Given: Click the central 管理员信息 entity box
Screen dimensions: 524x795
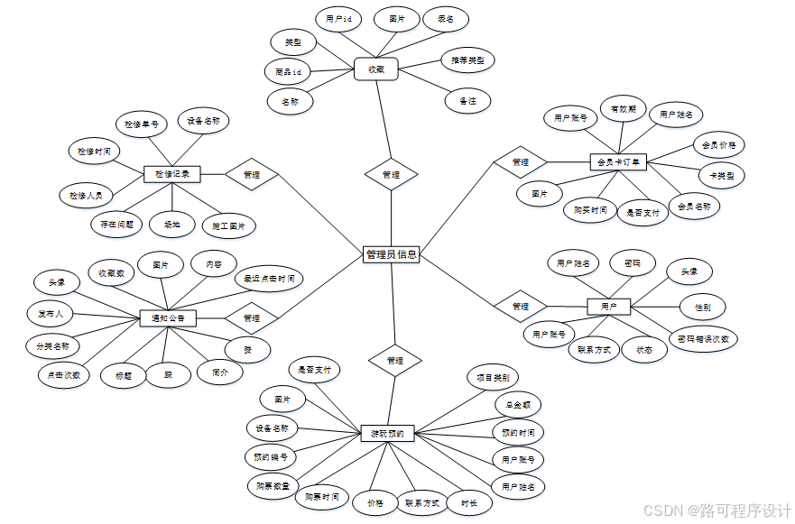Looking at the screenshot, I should (391, 254).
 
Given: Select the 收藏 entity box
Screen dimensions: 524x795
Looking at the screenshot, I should (376, 69).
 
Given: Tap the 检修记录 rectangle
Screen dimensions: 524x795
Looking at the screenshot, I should (171, 173).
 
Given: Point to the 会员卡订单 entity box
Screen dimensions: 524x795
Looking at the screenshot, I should (619, 162).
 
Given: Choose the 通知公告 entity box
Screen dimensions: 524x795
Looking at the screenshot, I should (169, 317).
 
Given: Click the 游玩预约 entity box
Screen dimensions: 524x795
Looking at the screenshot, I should (387, 434).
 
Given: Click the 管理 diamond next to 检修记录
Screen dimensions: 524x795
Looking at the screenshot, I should (252, 174).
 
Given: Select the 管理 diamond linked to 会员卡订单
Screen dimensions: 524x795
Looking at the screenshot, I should (521, 162).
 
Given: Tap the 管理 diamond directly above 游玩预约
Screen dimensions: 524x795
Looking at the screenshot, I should (394, 360).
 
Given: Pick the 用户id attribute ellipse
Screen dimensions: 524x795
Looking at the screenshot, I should (339, 19).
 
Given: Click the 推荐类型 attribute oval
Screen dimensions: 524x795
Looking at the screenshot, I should (467, 61).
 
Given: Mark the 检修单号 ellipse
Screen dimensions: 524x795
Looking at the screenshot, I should (142, 124).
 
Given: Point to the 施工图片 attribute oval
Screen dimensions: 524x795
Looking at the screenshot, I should (228, 225).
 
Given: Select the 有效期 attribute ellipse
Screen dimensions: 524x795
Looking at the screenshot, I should (624, 109).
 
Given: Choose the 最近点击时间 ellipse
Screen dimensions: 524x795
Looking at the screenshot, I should (268, 279).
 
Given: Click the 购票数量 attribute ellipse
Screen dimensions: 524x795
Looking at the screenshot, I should (269, 486).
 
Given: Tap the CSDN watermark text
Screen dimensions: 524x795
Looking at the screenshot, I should (716, 510).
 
